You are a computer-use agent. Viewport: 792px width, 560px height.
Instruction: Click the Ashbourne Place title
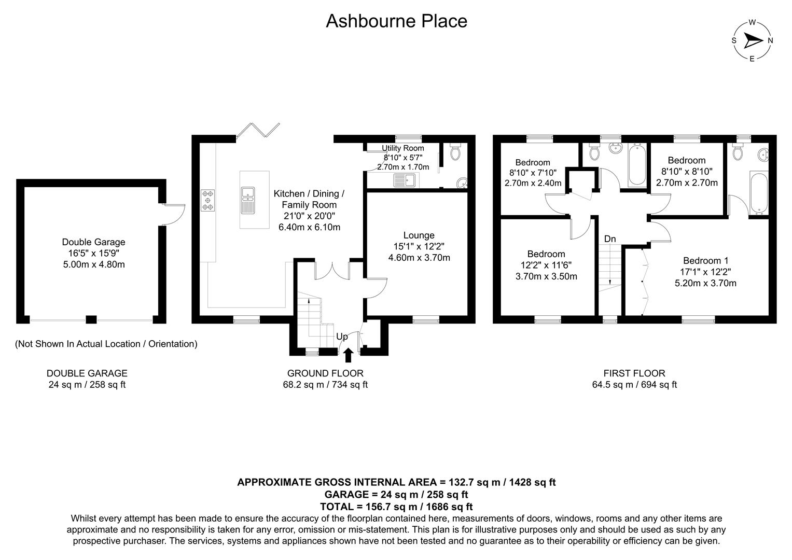click(x=396, y=21)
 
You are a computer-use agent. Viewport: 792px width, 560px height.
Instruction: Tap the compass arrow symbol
click(x=752, y=40)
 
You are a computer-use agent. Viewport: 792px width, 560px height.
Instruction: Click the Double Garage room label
click(x=93, y=242)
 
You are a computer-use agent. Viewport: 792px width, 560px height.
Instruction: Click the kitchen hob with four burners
click(x=208, y=200)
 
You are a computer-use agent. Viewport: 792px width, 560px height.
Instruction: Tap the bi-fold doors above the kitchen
click(x=258, y=131)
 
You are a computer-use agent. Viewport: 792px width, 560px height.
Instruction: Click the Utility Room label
click(x=402, y=148)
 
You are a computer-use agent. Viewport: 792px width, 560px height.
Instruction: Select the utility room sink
click(x=405, y=180)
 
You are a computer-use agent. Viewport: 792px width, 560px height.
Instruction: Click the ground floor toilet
click(x=456, y=152)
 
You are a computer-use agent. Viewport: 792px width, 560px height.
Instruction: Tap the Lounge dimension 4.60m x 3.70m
click(x=419, y=258)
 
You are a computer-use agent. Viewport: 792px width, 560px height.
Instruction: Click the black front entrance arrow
click(x=348, y=355)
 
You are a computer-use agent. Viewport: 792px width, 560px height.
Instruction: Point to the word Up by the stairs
click(x=342, y=337)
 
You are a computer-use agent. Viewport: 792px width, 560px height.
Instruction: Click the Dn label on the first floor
click(x=610, y=239)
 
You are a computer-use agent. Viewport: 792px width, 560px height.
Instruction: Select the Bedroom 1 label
click(x=705, y=260)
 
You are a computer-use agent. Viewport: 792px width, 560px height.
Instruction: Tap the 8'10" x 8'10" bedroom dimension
click(x=687, y=172)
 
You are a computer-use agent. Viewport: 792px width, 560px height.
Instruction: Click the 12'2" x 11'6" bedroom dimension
click(x=546, y=265)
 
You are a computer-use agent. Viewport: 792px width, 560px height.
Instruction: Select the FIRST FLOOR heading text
click(x=634, y=373)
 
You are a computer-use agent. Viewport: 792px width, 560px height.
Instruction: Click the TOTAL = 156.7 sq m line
click(x=396, y=507)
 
